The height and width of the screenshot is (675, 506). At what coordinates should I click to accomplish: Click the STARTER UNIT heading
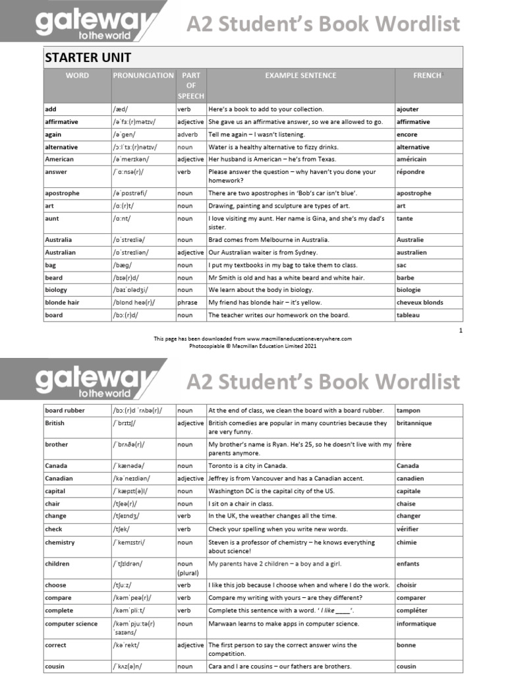pyautogui.click(x=88, y=57)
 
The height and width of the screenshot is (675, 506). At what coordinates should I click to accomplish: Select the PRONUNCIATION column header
pyautogui.click(x=143, y=76)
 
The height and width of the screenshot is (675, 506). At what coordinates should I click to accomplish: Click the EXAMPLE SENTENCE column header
pyautogui.click(x=300, y=76)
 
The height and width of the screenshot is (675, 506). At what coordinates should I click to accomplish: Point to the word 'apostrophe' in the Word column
pyautogui.click(x=62, y=193)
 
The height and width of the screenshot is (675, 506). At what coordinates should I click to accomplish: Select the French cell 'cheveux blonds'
pyautogui.click(x=420, y=303)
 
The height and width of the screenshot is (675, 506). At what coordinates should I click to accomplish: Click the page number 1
pyautogui.click(x=461, y=330)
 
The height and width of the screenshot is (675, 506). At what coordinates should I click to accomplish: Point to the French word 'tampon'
pyautogui.click(x=408, y=410)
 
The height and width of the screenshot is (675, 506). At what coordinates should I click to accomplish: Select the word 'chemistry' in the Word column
pyautogui.click(x=60, y=543)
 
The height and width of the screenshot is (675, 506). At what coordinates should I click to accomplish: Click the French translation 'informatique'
pyautogui.click(x=416, y=624)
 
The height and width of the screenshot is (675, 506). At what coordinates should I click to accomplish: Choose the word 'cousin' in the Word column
pyautogui.click(x=56, y=666)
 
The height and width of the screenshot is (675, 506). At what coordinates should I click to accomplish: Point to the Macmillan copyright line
pyautogui.click(x=253, y=345)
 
